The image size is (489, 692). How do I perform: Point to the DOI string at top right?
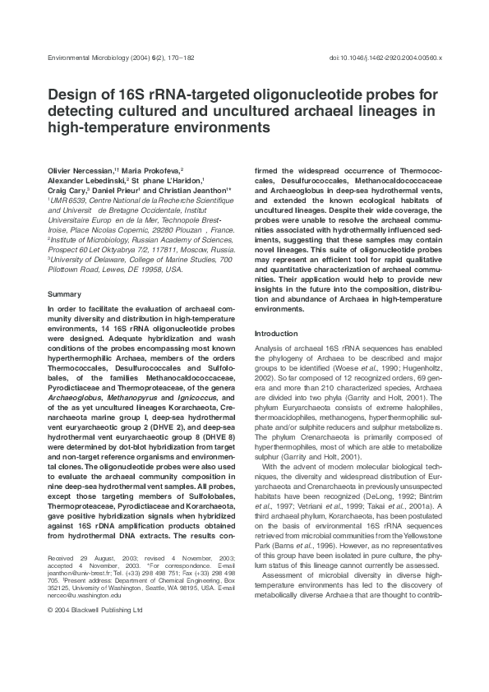(385, 58)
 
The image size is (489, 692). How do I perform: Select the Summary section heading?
(64, 293)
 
